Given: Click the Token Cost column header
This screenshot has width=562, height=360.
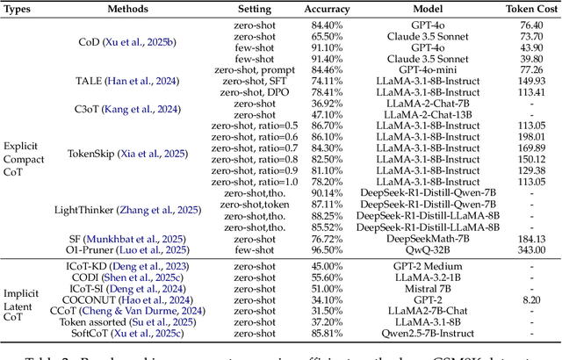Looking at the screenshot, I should point(523,7).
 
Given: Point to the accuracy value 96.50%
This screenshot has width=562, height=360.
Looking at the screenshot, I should point(327,248).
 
